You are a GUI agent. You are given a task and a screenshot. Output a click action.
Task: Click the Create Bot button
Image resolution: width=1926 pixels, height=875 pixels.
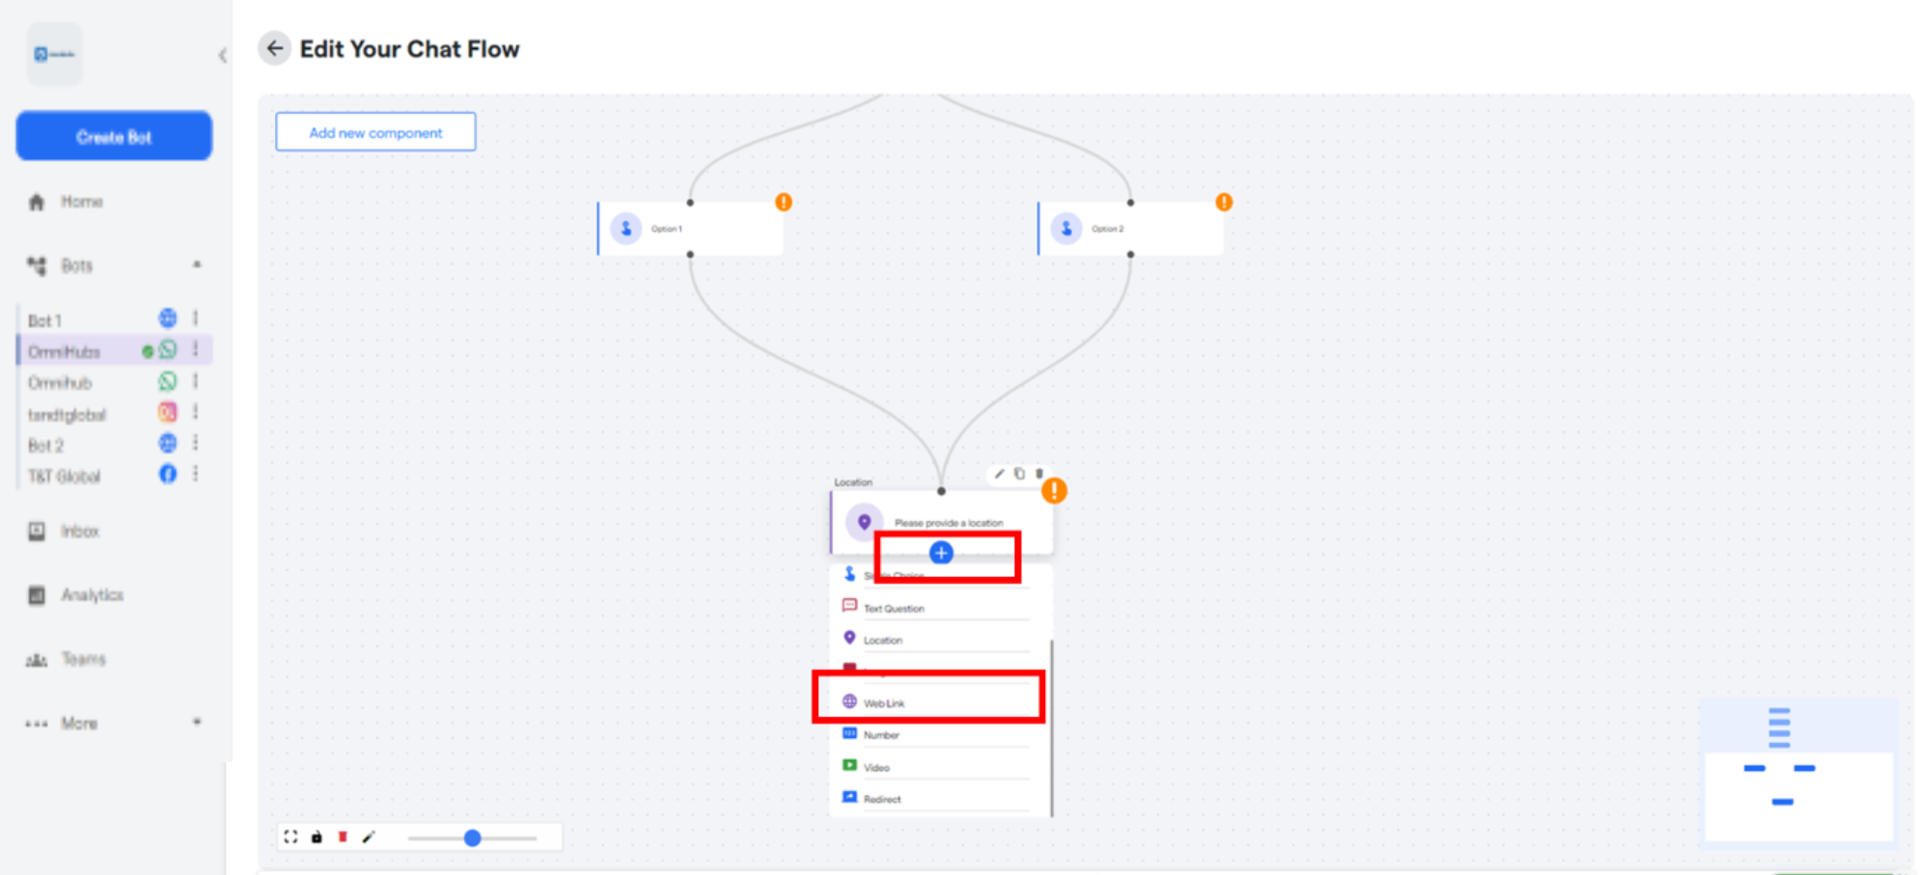click(114, 136)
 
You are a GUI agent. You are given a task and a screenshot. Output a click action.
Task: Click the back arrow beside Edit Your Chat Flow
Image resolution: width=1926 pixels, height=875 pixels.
click(275, 48)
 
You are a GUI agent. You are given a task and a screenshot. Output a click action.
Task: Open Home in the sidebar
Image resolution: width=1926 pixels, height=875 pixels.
click(81, 202)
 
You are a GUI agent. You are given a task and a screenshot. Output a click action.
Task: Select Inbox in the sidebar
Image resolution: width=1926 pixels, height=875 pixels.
click(79, 532)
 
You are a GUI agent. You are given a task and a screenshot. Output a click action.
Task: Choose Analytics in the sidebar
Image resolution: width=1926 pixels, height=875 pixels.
click(92, 595)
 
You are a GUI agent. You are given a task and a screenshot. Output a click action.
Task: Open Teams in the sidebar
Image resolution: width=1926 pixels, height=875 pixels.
click(83, 660)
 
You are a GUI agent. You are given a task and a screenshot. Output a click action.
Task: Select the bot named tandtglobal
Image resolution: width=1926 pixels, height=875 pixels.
click(67, 415)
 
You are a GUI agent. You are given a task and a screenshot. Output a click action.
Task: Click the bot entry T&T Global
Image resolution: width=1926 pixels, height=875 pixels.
click(64, 477)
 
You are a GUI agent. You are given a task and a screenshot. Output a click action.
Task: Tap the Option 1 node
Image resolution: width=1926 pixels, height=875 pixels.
click(690, 229)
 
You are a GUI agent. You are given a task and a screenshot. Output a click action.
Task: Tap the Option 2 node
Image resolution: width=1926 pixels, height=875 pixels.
click(1130, 229)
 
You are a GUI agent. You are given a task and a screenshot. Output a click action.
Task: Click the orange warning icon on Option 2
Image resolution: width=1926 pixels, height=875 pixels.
click(1224, 202)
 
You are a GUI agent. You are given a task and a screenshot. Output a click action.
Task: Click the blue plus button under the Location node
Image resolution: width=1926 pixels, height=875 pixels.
click(941, 553)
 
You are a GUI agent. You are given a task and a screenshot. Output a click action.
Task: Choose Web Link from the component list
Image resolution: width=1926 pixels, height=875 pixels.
click(884, 703)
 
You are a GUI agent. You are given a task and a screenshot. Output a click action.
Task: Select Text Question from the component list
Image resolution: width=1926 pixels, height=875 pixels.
click(894, 609)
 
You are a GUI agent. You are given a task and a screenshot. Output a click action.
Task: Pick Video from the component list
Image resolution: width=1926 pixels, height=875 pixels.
click(876, 768)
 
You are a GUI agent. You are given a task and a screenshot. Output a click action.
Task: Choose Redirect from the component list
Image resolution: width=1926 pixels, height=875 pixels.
click(882, 800)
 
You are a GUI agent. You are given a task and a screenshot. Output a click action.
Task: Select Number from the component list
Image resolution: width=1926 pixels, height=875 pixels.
click(881, 735)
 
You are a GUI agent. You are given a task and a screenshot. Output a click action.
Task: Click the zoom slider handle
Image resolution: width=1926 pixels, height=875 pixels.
click(472, 838)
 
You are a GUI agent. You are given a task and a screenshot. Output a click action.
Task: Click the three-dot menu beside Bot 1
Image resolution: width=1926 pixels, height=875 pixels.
click(196, 317)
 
